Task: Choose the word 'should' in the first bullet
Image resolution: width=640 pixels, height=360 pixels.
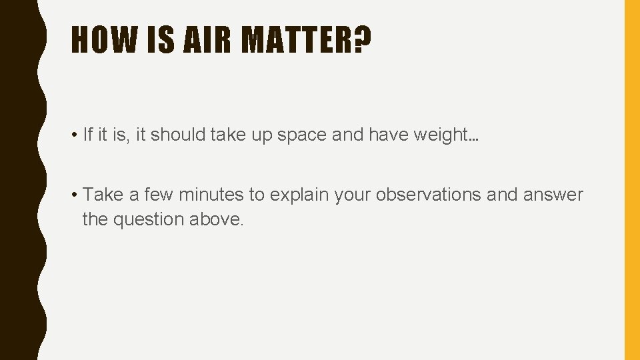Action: click(179, 135)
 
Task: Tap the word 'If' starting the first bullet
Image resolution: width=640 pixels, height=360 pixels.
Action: click(87, 135)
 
